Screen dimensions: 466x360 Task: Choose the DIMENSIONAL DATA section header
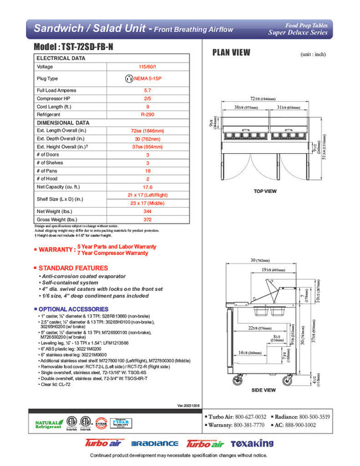(63, 122)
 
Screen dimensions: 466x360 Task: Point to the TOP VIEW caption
(265, 191)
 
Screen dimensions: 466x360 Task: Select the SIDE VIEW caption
(264, 390)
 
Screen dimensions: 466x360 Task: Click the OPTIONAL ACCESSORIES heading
(75, 310)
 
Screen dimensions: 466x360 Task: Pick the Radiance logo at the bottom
(154, 444)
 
